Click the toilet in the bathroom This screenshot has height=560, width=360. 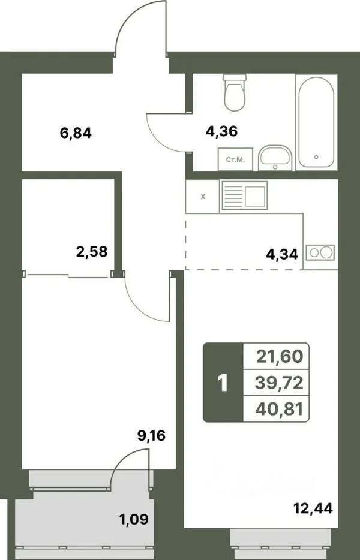[x=235, y=92]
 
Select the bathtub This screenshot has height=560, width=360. [x=316, y=122]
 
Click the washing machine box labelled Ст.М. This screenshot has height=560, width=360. [x=235, y=159]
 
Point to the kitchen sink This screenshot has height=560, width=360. [x=245, y=195]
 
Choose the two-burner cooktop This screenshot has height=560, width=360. [x=320, y=252]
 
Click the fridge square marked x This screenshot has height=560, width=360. [x=203, y=197]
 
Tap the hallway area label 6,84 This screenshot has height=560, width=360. [x=76, y=133]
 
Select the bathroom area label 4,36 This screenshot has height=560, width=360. [x=221, y=131]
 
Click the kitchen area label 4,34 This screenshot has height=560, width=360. [x=282, y=254]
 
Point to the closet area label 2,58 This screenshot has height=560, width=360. [x=92, y=251]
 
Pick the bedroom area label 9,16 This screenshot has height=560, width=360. [x=152, y=435]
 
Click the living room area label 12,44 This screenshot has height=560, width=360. [x=313, y=507]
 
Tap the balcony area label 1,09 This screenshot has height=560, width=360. [x=134, y=519]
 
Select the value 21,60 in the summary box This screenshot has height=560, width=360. [x=280, y=356]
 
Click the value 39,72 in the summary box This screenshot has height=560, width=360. [x=279, y=383]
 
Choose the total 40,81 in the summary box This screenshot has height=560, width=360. [x=279, y=409]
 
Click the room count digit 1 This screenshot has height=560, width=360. [x=223, y=383]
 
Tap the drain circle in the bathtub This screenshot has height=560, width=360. [x=316, y=156]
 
